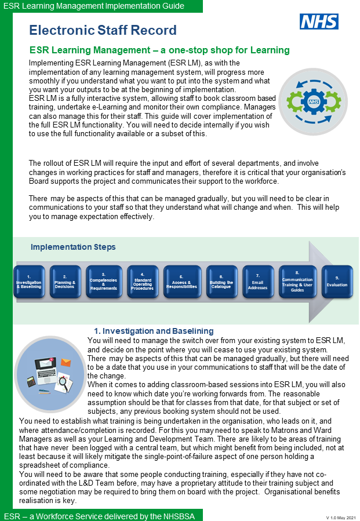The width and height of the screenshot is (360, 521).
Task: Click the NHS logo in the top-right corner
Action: coord(319,22)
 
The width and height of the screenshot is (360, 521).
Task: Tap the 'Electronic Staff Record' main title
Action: coord(103,30)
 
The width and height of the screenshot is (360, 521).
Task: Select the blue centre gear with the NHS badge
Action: coord(314,101)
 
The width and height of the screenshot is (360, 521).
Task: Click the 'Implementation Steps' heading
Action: coord(73,247)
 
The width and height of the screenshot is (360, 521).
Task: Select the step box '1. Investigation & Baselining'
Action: coord(29,282)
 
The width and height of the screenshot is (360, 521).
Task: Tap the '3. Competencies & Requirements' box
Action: coord(104,282)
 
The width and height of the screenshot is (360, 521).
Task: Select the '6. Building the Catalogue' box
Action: coord(221,282)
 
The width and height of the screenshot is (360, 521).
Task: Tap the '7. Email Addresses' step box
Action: coord(258,282)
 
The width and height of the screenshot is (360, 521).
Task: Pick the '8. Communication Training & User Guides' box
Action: coord(297,282)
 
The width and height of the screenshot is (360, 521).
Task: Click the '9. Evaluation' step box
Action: coord(337,282)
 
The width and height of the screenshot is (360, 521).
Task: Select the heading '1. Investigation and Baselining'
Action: coord(154,331)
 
